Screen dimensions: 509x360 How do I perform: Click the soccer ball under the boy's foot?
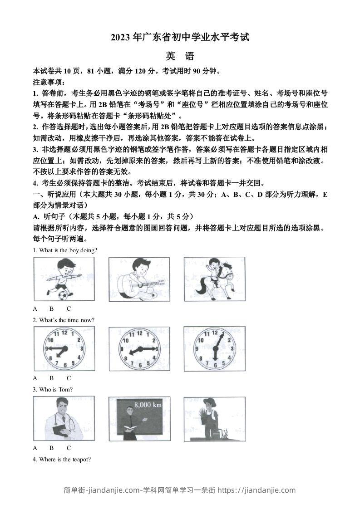click(x=62, y=295)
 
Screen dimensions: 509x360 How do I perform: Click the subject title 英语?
click(x=180, y=56)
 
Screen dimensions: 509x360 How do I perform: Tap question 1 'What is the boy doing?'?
click(x=65, y=250)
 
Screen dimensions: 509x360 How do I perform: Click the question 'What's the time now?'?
click(x=64, y=320)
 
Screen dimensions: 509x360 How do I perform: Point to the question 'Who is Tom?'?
click(x=53, y=389)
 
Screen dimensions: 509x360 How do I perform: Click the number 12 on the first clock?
click(x=64, y=333)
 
